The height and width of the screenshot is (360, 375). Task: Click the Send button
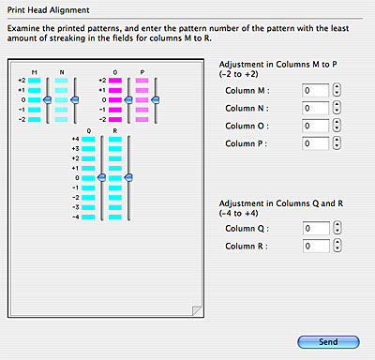328,342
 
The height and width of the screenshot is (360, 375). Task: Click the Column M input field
315,90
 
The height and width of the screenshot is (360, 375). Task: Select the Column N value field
315,108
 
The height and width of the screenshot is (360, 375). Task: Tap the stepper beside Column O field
337,126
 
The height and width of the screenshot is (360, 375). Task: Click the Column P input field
315,143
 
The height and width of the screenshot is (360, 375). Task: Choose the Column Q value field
316,229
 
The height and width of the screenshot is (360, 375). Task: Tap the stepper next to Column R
337,246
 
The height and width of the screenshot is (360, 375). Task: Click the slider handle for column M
47,100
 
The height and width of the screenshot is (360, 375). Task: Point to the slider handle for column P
155,100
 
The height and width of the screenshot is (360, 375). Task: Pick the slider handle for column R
128,178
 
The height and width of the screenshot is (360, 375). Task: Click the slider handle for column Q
101,178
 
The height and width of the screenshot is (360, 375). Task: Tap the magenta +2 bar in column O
115,81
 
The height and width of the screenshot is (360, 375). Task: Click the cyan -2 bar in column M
34,119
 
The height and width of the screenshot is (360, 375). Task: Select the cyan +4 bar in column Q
88,139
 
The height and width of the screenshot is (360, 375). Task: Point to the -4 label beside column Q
75,217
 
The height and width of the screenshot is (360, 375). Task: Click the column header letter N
62,72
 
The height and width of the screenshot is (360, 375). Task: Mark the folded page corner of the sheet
197,310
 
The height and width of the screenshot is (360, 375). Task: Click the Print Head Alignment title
49,10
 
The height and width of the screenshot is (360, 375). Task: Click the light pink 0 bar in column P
142,100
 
